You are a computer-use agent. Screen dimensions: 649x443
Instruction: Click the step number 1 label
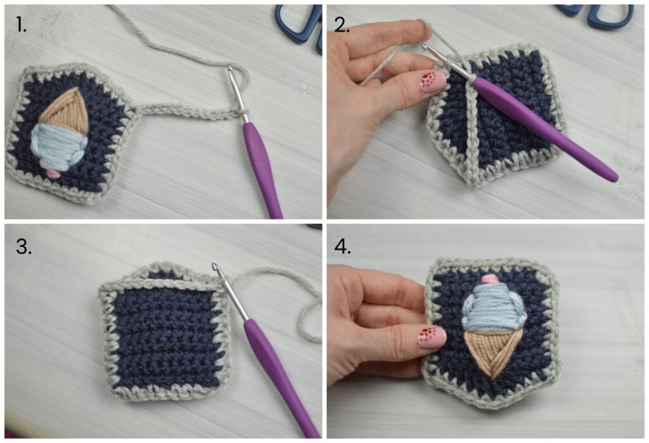[x=21, y=26]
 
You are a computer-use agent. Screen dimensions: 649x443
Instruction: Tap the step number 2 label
[x=342, y=26]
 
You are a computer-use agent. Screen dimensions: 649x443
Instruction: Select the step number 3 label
[x=23, y=247]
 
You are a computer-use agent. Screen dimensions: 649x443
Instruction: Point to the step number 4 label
[x=342, y=247]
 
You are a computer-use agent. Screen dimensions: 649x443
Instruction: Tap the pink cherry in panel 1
[x=53, y=174]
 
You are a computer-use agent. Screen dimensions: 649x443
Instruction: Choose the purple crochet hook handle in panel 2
[x=544, y=130]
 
